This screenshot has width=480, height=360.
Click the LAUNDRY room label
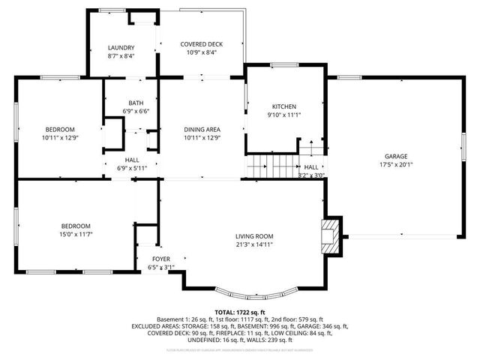[x=121, y=47]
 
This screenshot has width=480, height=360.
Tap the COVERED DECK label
[x=201, y=44]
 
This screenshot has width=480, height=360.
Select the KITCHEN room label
[x=284, y=106]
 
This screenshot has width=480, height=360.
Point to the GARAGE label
[x=396, y=156]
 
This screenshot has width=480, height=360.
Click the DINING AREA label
[x=202, y=129]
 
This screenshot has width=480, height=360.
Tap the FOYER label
[x=161, y=259]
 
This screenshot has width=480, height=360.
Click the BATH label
[x=136, y=103]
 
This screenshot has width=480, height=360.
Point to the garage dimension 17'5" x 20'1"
[x=396, y=165]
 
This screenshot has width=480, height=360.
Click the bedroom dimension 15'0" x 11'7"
[x=76, y=235]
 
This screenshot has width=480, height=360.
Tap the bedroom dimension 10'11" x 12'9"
[x=59, y=138]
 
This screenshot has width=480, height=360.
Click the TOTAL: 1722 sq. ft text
[x=240, y=311]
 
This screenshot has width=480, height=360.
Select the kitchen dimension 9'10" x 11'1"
[x=284, y=115]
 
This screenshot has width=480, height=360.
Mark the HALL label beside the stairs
[x=311, y=167]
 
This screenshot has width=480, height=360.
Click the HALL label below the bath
[x=132, y=160]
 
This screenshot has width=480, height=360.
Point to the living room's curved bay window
[x=255, y=289]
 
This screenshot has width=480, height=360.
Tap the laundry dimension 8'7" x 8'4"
[x=121, y=56]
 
